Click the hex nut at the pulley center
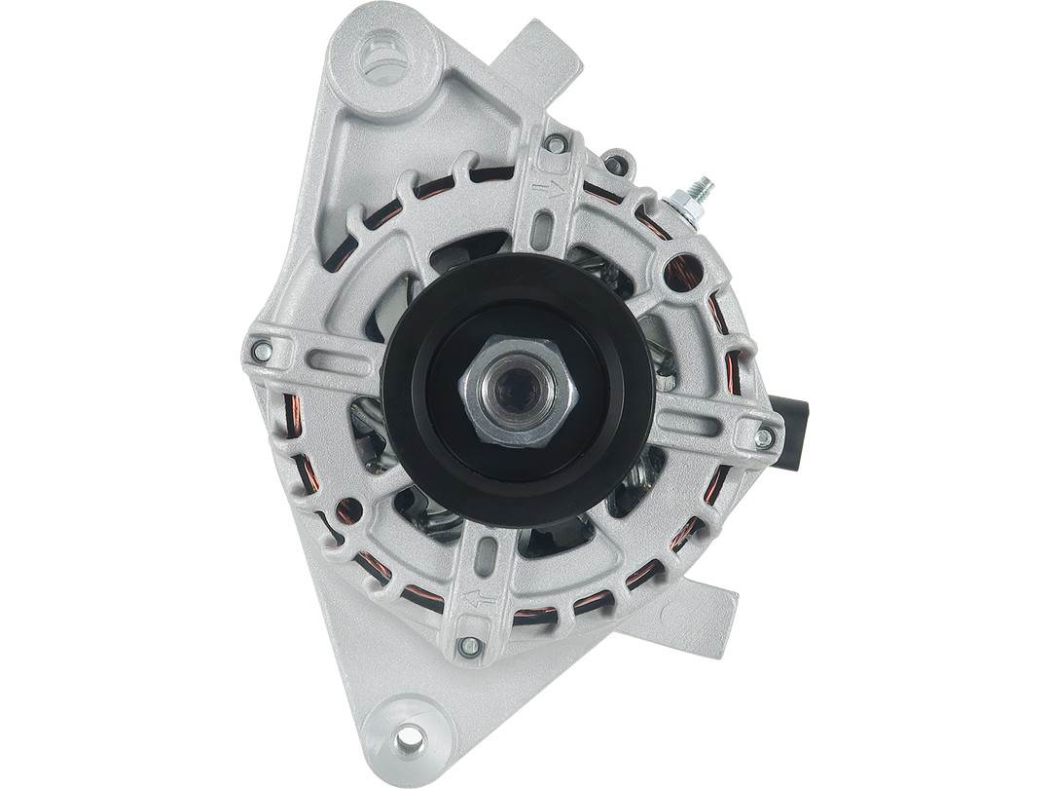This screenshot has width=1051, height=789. pyautogui.click(x=517, y=390)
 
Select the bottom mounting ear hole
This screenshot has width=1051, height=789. pyautogui.click(x=410, y=739)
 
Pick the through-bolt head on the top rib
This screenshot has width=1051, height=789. pyautogui.click(x=556, y=144)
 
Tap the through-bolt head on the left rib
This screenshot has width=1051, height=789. pyautogui.click(x=261, y=352)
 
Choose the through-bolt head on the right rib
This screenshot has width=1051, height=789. pyautogui.click(x=764, y=437)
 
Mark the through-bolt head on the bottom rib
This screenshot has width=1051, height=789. pyautogui.click(x=470, y=645)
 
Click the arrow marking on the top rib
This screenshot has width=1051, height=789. pyautogui.click(x=551, y=188)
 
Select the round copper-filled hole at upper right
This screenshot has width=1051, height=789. pyautogui.click(x=680, y=272)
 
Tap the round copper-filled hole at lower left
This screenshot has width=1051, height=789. pyautogui.click(x=347, y=509)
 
